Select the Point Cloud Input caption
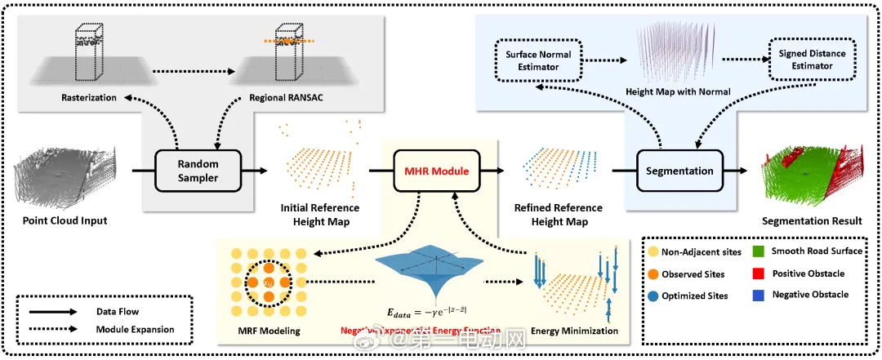click(65, 221)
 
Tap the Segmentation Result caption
click(811, 221)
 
